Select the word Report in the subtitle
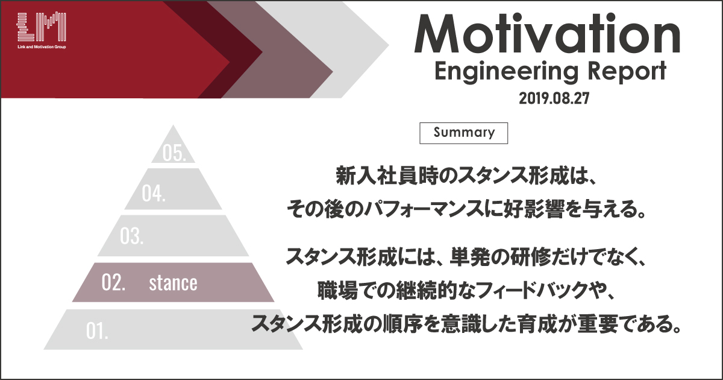[627, 71]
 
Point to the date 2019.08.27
[554, 98]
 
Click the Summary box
[463, 133]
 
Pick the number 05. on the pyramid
[174, 153]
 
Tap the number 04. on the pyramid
[154, 193]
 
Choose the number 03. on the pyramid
[132, 236]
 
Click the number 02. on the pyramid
[113, 282]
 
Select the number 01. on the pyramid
[97, 331]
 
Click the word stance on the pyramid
[173, 283]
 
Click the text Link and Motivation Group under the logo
[42, 47]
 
